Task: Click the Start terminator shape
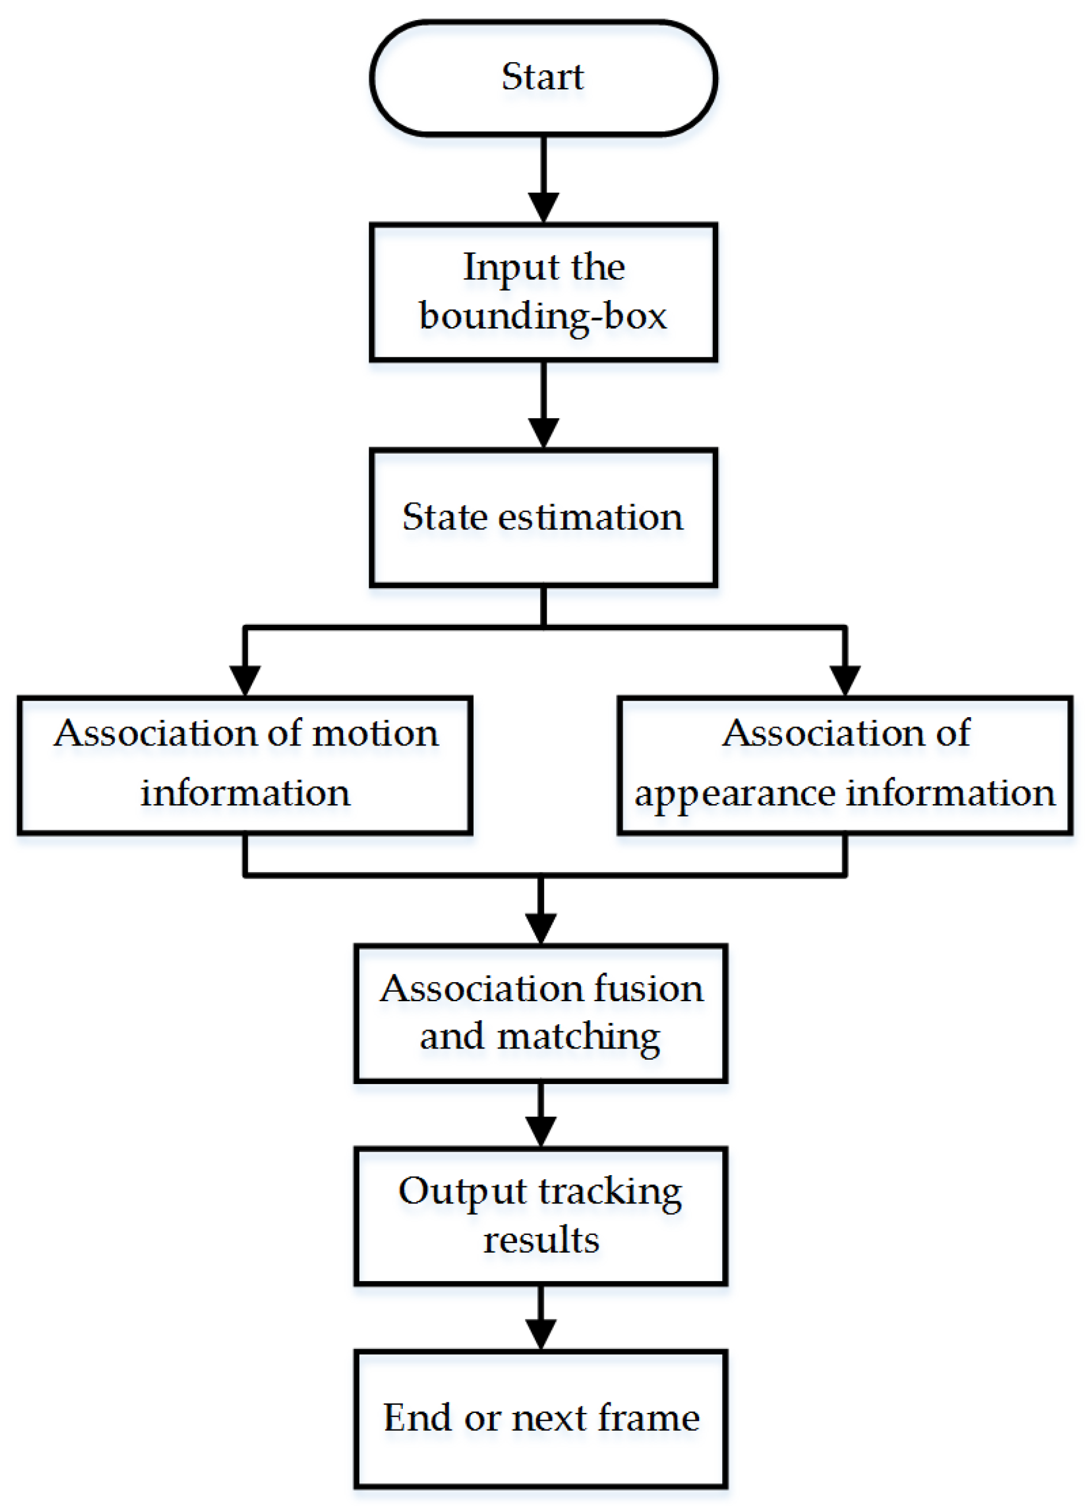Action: (x=543, y=78)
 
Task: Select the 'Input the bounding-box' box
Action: (x=543, y=292)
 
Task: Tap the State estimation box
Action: (x=543, y=517)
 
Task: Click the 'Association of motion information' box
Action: (x=245, y=765)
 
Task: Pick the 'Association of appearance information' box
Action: (x=845, y=765)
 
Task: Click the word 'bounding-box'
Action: (x=543, y=316)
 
